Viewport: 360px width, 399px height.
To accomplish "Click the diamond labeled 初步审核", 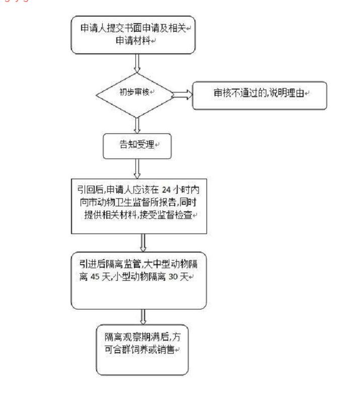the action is click(135, 95).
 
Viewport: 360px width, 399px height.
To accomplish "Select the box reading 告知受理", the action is click(137, 146).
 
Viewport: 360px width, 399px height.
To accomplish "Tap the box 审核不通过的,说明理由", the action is click(259, 96).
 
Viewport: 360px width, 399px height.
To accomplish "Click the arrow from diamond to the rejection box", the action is click(183, 95).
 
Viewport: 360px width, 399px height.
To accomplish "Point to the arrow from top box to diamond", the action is click(137, 63).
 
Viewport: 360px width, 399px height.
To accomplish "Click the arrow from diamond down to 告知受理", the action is click(137, 125).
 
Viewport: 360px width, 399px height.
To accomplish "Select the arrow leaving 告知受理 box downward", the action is click(137, 169).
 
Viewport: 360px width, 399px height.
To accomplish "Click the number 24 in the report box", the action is click(166, 190).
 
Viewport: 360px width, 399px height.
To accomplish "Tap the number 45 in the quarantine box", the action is click(95, 276).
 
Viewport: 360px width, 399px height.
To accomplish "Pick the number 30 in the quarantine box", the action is click(173, 276).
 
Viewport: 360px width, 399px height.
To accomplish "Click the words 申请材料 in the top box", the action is click(133, 40).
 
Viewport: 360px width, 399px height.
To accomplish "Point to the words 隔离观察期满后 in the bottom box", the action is click(136, 337).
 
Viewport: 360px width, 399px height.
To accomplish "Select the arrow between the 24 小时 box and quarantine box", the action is click(143, 243).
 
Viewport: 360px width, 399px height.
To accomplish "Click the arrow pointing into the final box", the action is click(143, 317).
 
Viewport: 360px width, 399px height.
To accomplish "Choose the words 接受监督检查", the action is click(166, 215).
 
